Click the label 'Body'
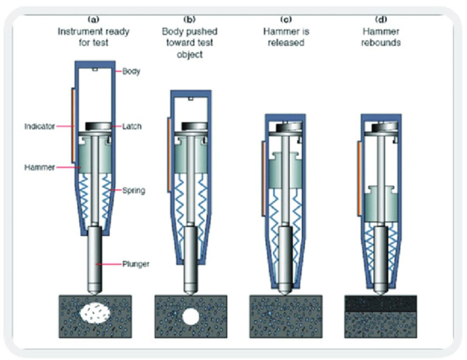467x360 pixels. click(x=131, y=71)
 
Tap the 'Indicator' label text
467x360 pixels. click(x=40, y=126)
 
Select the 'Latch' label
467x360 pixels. click(x=132, y=126)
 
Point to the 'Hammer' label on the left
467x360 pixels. click(x=40, y=167)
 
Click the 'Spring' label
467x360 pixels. click(x=133, y=190)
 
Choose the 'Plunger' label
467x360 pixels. click(x=136, y=264)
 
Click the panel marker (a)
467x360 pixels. click(x=93, y=20)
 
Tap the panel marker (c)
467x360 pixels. click(x=286, y=20)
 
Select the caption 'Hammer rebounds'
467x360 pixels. click(x=381, y=37)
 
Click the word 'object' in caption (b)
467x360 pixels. click(x=190, y=54)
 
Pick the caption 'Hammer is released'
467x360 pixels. click(x=286, y=37)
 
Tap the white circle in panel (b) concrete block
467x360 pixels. click(x=191, y=316)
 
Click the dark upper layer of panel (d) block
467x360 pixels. click(x=380, y=303)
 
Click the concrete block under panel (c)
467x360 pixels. click(x=286, y=316)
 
